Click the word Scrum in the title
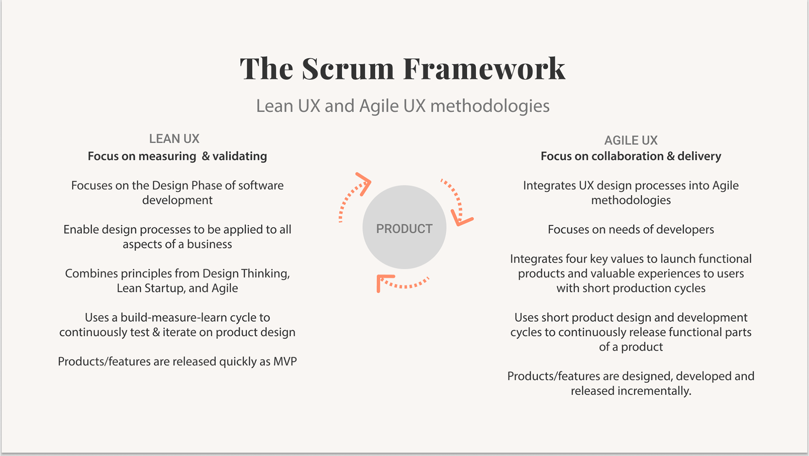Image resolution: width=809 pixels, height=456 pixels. (x=348, y=69)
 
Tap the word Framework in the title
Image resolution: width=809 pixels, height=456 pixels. (x=484, y=69)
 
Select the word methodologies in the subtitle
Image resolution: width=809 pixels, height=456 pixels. (x=490, y=106)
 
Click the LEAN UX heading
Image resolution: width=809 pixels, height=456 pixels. (x=174, y=139)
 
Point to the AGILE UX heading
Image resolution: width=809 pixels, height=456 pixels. (x=631, y=140)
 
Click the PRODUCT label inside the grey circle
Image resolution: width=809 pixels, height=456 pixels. (x=404, y=229)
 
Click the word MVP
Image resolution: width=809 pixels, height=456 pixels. (x=285, y=362)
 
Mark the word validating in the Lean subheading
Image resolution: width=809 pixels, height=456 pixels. (x=239, y=156)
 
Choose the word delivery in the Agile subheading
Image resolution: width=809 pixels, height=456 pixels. (x=699, y=156)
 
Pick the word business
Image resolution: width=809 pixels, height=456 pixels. (x=209, y=244)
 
